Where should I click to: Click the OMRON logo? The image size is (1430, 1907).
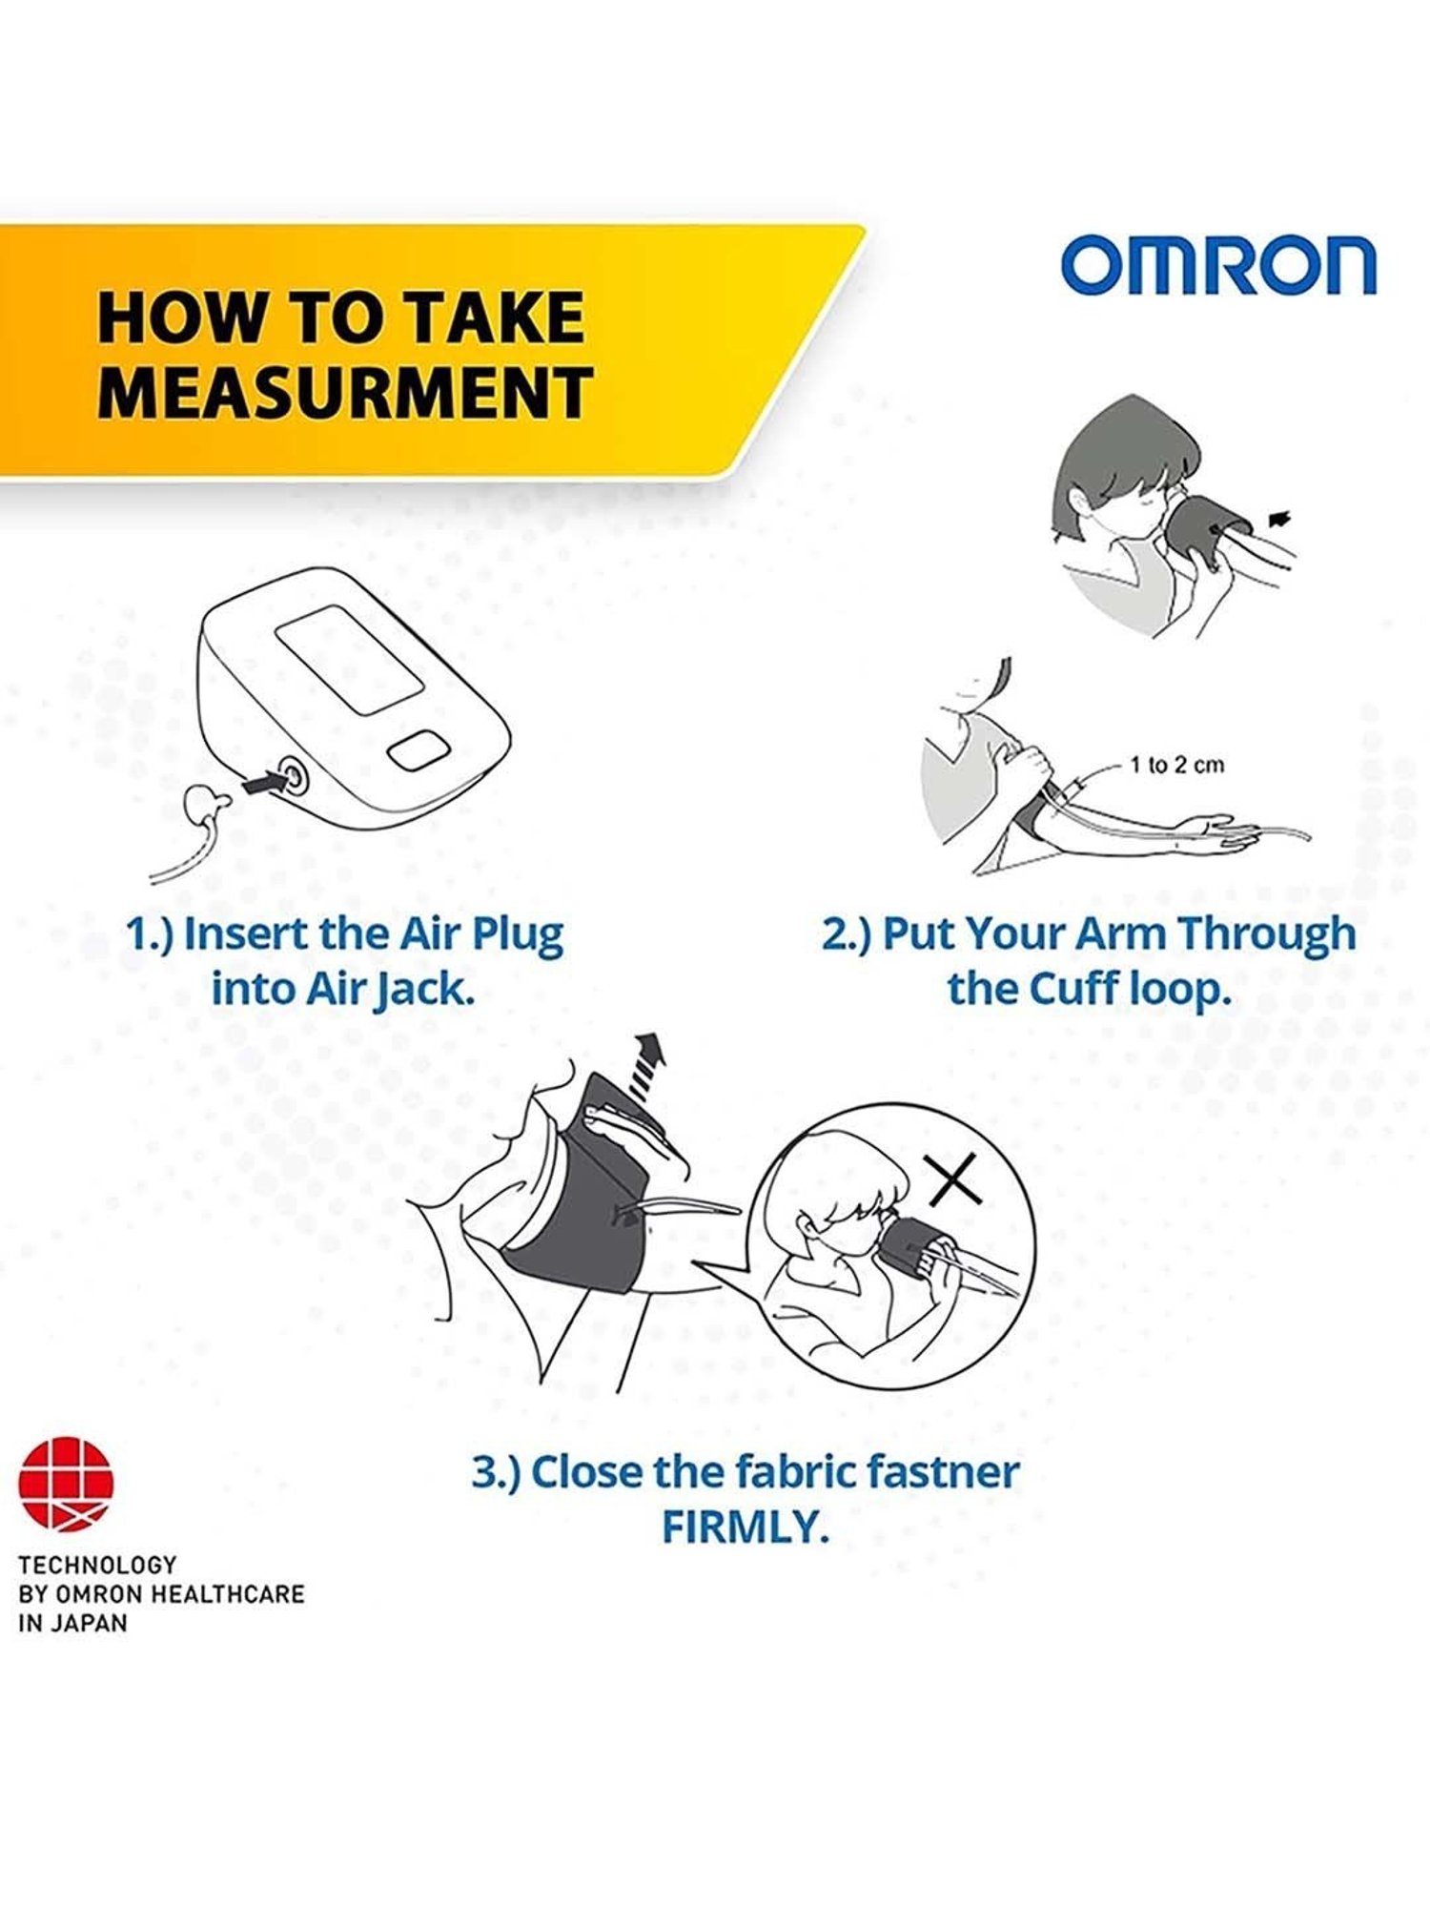[1218, 266]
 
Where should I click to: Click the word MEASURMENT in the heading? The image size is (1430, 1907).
[345, 392]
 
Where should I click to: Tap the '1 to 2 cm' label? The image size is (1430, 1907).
[1176, 765]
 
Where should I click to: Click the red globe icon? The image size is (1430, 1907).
[65, 1484]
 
